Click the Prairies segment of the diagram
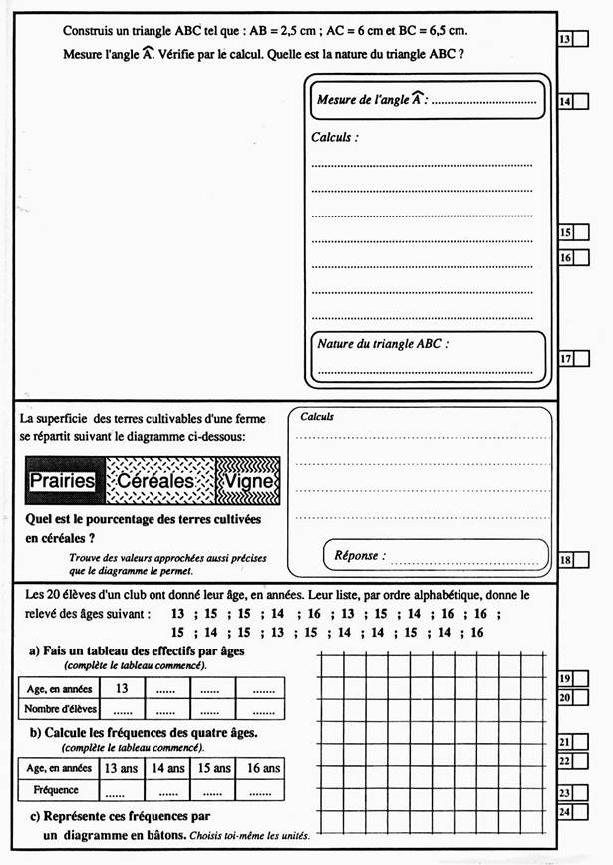point(62,481)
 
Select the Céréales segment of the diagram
point(159,481)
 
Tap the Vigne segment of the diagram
point(249,481)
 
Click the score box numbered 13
point(573,39)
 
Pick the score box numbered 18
point(573,560)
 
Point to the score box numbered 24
point(573,813)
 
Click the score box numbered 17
point(573,359)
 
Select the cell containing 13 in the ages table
point(122,688)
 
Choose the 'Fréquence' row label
point(56,790)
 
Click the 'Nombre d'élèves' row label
point(56,709)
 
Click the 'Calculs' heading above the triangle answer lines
point(335,137)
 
